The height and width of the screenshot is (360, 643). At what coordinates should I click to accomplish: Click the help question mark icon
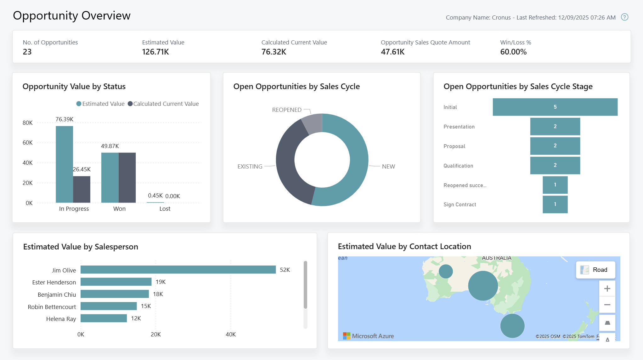[624, 17]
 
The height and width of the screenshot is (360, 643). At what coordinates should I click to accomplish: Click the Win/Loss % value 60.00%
[513, 52]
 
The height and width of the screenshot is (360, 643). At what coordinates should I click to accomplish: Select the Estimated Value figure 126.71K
[155, 52]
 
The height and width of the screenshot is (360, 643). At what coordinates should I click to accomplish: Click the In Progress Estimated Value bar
[64, 164]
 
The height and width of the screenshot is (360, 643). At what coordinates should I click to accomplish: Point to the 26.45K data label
[82, 169]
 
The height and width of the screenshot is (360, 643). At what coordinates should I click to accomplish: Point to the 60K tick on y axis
[28, 143]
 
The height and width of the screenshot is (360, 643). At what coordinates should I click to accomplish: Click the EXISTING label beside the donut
[250, 167]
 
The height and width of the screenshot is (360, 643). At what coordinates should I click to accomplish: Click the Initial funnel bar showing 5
[555, 107]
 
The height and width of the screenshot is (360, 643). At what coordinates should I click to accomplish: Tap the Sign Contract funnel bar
[555, 204]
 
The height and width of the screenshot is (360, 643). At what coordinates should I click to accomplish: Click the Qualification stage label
[458, 166]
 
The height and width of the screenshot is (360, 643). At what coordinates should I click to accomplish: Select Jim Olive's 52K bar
[178, 270]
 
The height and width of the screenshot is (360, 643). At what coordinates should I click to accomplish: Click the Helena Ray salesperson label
[61, 319]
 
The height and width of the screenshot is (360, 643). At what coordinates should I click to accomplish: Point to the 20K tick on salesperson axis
[155, 334]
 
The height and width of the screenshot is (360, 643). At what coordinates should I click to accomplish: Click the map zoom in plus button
[607, 289]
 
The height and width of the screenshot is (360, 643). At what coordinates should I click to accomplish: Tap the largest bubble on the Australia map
[483, 286]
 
